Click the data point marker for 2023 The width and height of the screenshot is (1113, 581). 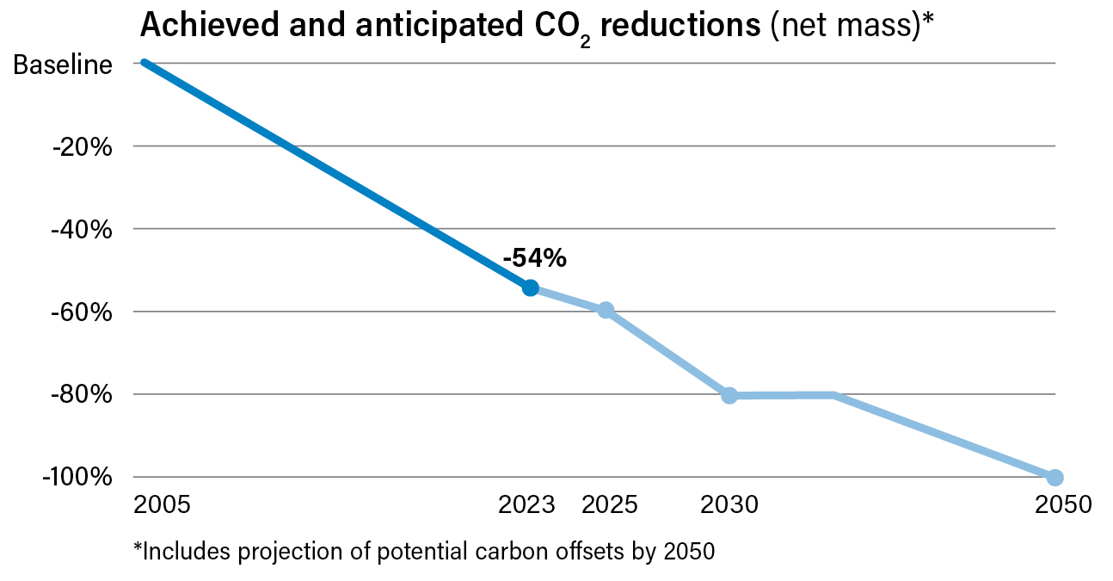pos(531,287)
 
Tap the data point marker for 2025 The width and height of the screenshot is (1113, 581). pos(606,310)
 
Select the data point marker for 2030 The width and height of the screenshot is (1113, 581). pos(729,395)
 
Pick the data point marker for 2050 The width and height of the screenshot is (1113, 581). pos(1055,477)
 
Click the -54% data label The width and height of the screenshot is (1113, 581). pos(534,257)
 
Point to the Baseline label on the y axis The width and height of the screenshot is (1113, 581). pos(63,65)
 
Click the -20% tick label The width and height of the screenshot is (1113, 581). pos(83,147)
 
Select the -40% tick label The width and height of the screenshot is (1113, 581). pos(83,230)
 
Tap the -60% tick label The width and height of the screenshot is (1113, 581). pos(83,312)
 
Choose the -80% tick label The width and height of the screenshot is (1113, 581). pos(83,395)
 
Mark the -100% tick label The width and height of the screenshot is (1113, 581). pos(77,478)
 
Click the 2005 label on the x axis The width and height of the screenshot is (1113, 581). pos(163,504)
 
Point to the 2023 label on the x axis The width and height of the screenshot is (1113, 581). pos(527,504)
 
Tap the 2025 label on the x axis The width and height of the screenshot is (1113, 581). pos(610,504)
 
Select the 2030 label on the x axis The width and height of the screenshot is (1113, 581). pos(730,504)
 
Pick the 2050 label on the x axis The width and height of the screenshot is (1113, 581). pos(1062,504)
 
